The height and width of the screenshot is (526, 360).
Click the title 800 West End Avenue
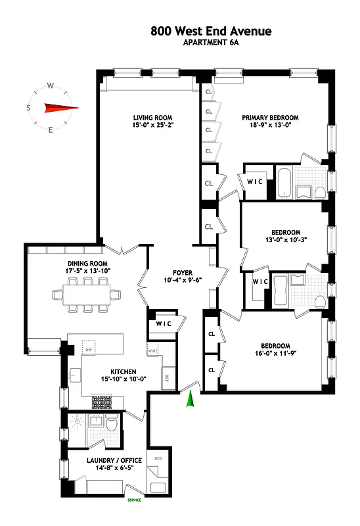[210, 31]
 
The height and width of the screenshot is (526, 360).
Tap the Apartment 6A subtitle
[210, 43]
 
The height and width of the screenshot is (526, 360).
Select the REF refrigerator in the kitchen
[167, 379]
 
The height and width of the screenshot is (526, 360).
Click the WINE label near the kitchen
[153, 352]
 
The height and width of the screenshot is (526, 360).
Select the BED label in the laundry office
[158, 458]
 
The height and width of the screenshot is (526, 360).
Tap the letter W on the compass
[50, 85]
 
